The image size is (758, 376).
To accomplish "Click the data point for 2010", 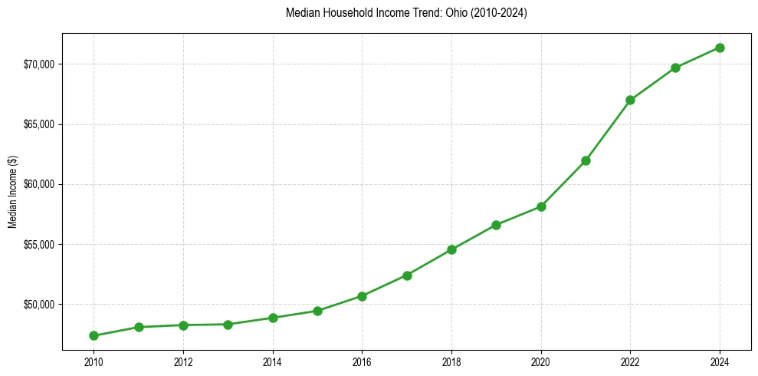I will tap(94, 335).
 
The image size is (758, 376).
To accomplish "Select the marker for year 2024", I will tap(720, 48).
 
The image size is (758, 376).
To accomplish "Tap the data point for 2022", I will tap(630, 100).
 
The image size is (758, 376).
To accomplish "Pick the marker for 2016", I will tap(362, 296).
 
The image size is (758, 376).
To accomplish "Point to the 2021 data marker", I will tap(586, 160).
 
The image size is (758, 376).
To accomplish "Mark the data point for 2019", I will tap(496, 225).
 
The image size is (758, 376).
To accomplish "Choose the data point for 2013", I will tap(228, 325).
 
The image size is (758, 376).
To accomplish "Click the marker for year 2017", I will tap(407, 275).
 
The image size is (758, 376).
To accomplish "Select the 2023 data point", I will tap(675, 68).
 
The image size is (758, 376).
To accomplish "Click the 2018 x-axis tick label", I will tap(451, 361).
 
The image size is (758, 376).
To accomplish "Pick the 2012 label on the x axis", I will tap(183, 361).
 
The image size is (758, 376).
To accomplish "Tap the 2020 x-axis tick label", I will tap(541, 361).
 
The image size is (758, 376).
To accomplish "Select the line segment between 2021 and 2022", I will tap(608, 130).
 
